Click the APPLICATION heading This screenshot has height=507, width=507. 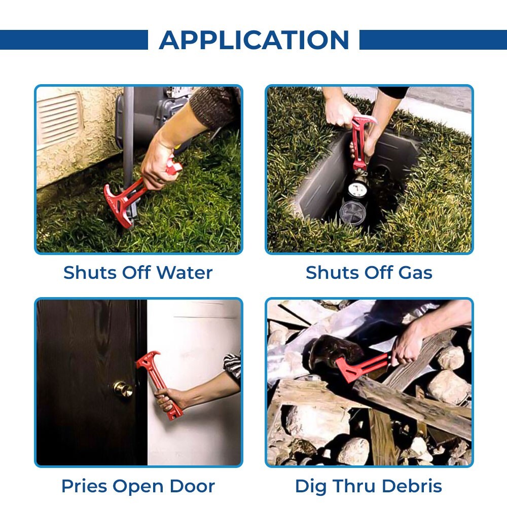tap(254, 40)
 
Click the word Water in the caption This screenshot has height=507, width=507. tap(185, 273)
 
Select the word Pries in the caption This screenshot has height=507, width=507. tap(84, 486)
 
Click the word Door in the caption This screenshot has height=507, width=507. tap(194, 486)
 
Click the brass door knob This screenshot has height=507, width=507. tap(122, 389)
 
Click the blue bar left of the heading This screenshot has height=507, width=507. tap(74, 40)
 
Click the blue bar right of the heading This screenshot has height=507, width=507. tap(433, 40)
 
